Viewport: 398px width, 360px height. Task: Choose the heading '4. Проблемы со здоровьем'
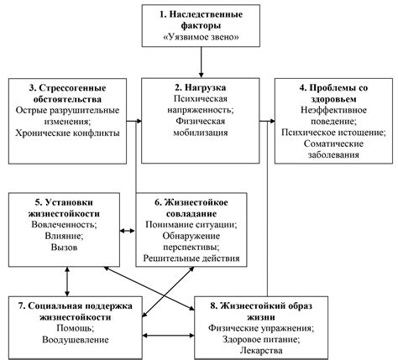point(334,93)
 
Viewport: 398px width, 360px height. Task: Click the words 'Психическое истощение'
point(334,133)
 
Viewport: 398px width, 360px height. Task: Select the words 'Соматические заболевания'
point(334,154)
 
